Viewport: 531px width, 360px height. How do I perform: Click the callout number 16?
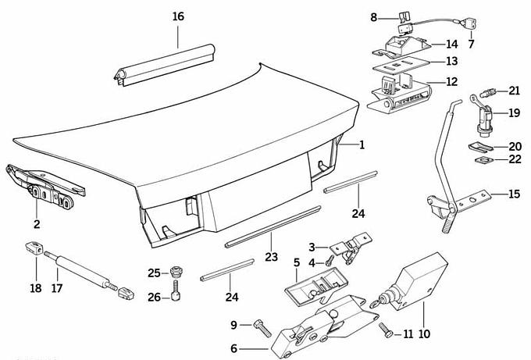(178, 16)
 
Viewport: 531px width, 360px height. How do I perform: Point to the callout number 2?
(36, 224)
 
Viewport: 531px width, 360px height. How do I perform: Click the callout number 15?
(513, 194)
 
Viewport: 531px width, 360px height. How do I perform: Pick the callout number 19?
(513, 113)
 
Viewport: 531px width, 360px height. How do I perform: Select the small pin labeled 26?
(178, 297)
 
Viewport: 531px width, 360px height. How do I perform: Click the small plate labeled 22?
(483, 160)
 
